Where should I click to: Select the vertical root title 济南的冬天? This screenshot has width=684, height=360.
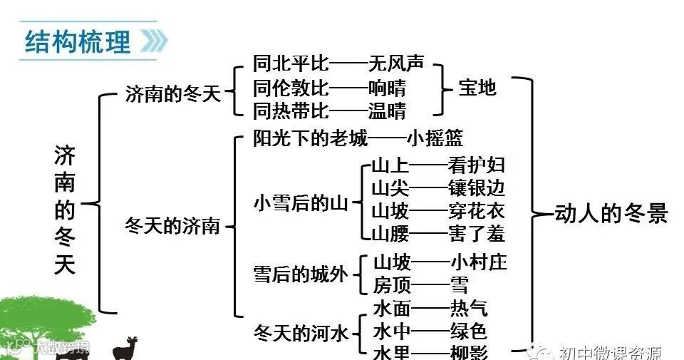65,210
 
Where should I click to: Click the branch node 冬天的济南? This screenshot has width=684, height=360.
173,226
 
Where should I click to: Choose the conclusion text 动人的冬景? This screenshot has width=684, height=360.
611,213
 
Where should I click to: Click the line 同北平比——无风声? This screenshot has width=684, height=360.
338,64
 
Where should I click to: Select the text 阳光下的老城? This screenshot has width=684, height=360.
311,138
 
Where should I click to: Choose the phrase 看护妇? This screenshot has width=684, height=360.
477,165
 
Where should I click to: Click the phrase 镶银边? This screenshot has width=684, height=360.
477,188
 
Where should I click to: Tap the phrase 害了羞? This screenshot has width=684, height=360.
477,233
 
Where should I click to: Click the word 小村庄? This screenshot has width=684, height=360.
479,262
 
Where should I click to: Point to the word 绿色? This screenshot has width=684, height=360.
469,331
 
